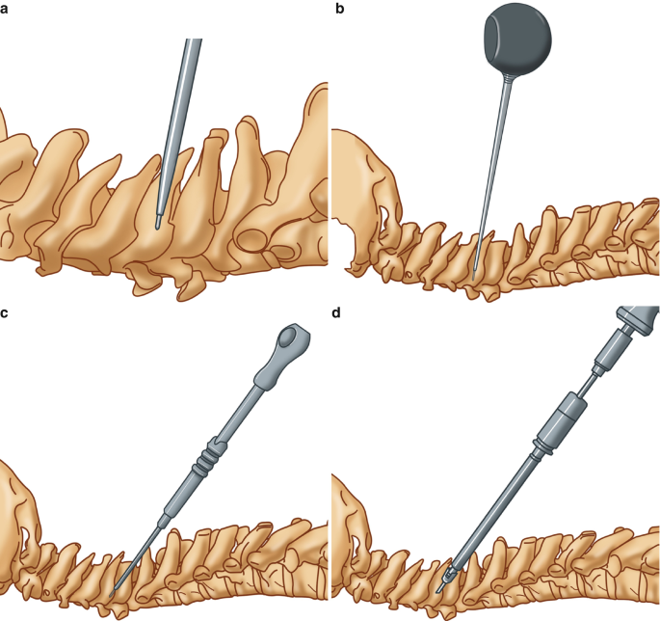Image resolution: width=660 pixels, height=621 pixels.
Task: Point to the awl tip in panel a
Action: [159, 223]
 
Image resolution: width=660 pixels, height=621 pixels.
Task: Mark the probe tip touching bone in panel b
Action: [476, 268]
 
